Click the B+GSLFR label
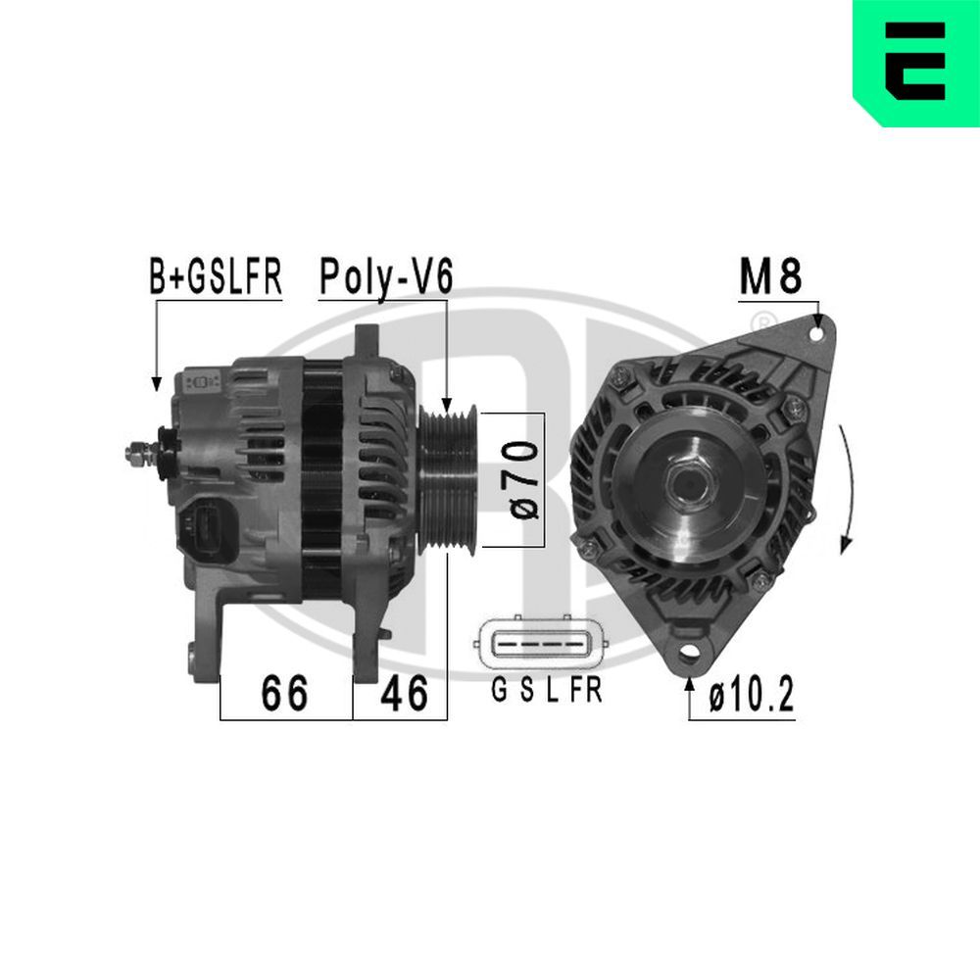pos(215,277)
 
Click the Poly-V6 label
pos(385,277)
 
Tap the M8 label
pos(770,277)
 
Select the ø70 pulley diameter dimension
pos(525,479)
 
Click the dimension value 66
pos(284,694)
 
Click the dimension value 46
pos(404,694)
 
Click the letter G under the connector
pos(498,691)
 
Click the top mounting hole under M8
pos(816,333)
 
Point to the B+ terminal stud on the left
pos(137,453)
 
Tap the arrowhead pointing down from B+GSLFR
pos(155,385)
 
